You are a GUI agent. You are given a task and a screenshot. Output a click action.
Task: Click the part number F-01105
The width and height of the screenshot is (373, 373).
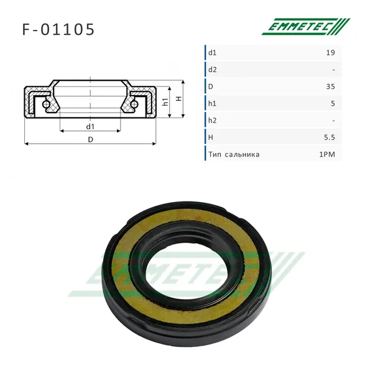click(x=58, y=29)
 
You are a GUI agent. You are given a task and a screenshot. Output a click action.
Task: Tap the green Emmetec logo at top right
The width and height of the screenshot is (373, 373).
click(x=306, y=27)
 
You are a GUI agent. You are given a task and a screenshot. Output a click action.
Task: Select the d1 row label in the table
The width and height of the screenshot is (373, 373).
click(x=213, y=53)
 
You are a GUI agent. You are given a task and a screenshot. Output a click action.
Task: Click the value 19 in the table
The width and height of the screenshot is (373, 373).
click(x=331, y=53)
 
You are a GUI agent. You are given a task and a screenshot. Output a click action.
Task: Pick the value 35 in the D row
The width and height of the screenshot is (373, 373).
click(x=331, y=86)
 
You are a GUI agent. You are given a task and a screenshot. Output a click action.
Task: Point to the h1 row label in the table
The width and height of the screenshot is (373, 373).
click(x=212, y=103)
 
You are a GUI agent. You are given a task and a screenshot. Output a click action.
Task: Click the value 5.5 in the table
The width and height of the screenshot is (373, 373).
click(x=329, y=137)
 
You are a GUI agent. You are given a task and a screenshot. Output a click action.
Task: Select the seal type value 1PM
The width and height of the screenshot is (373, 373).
click(x=327, y=154)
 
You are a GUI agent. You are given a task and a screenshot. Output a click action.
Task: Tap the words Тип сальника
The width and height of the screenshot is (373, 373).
click(x=234, y=155)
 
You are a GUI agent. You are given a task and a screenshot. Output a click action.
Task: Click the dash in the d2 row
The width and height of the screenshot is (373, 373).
click(x=333, y=70)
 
